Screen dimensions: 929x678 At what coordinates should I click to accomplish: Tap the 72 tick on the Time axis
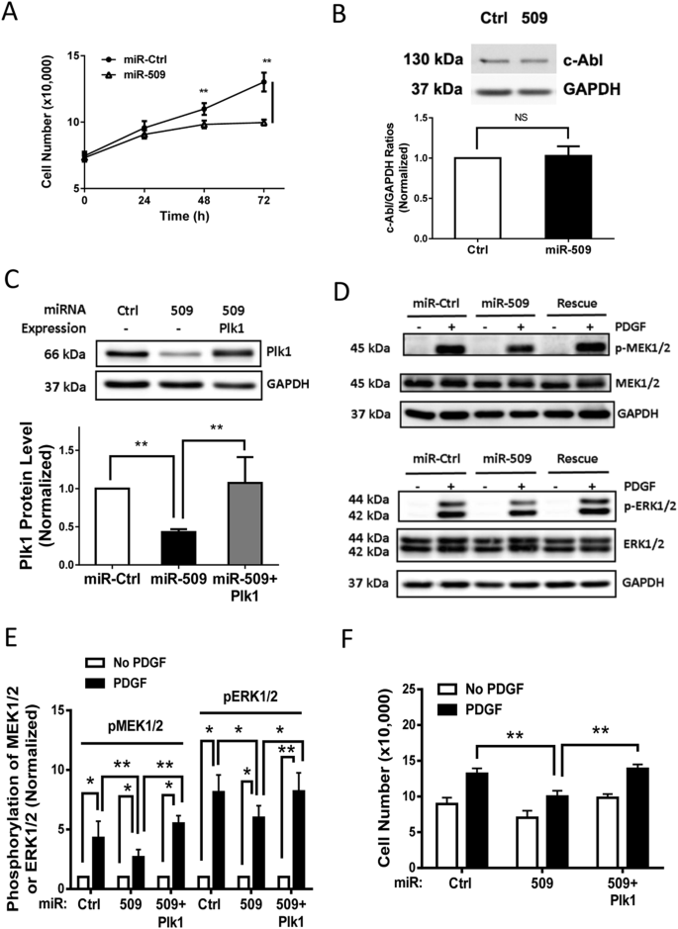264,201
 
